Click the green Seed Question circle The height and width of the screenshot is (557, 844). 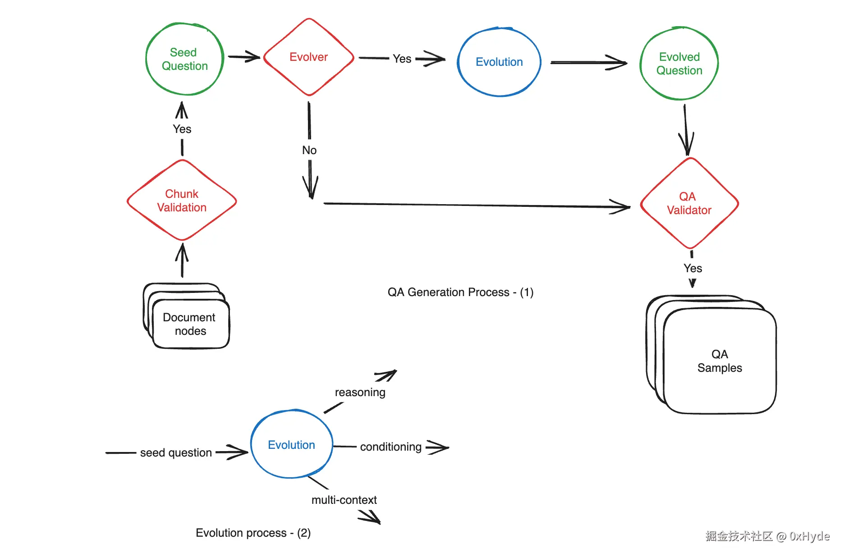tap(185, 59)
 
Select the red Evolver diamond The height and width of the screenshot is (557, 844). tap(309, 57)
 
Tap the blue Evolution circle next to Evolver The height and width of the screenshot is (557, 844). tap(499, 62)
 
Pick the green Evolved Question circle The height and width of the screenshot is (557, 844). tap(679, 64)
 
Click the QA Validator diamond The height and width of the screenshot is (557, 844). tap(689, 203)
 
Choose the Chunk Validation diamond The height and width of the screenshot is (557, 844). tap(182, 201)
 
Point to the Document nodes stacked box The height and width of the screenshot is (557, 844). tap(189, 324)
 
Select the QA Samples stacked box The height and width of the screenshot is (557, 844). tap(720, 361)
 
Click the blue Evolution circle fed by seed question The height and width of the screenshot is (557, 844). tap(292, 445)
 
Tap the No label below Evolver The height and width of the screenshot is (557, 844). tap(309, 151)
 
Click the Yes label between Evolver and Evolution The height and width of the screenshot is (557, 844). tap(402, 59)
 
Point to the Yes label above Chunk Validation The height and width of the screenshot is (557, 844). tap(182, 129)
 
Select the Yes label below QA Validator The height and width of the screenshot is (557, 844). tap(693, 269)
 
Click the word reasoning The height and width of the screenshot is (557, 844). tap(360, 393)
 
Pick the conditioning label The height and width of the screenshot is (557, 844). tap(390, 447)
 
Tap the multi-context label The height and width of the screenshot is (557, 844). tap(344, 500)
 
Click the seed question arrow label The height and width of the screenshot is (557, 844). tap(176, 452)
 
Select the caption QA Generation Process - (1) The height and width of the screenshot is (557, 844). tap(460, 292)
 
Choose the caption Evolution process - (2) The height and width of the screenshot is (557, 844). tap(253, 533)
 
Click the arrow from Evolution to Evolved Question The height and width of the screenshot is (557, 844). tap(588, 63)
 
